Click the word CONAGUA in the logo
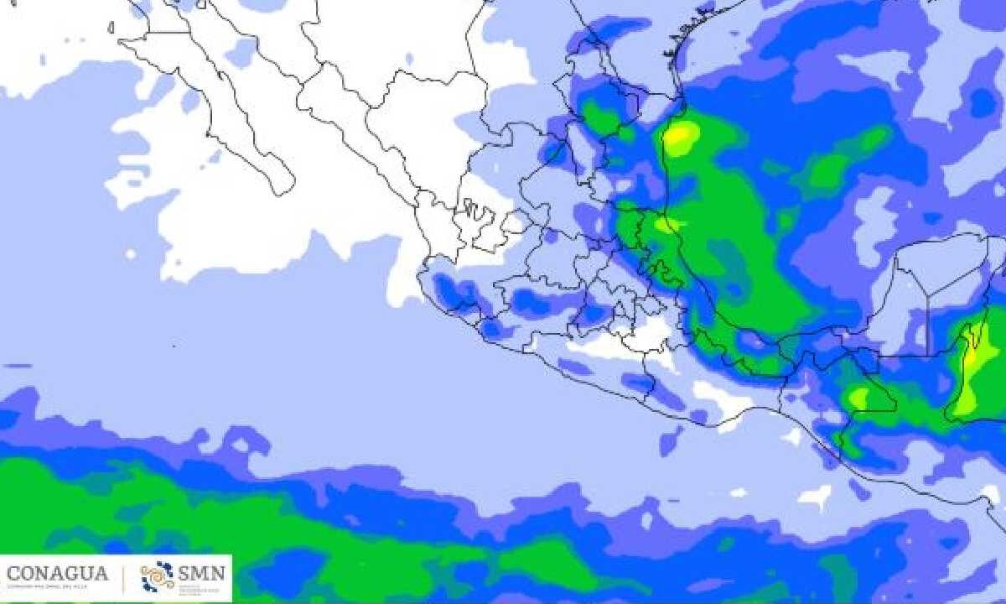pos(57,575)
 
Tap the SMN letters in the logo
pos(202,574)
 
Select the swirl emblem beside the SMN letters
pos(158,576)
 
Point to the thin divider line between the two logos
pos(124,577)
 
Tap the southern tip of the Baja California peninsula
pos(283,186)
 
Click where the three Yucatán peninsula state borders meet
pos(926,297)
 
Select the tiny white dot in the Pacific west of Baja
pos(131,253)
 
